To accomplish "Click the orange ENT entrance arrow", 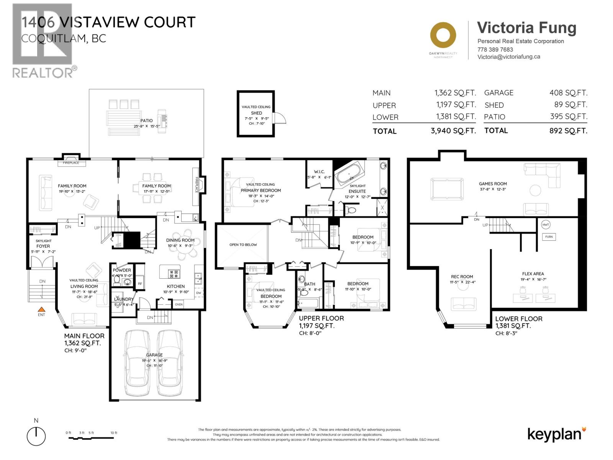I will point(41,309).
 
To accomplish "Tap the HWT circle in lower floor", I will point(546,225).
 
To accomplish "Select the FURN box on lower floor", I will point(549,237).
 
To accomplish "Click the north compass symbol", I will point(36,436).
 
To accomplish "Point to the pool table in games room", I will point(447,189).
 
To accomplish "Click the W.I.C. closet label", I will point(319,171).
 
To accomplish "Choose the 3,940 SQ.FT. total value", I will point(453,131).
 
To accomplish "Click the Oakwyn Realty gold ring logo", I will point(443,35).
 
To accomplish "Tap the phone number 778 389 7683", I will point(495,49).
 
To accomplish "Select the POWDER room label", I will point(122,270).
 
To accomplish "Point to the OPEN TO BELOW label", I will point(243,245).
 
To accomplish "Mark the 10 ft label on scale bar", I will point(114,433).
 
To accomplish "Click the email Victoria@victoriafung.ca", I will point(509,57).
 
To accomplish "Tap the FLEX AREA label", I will point(533,274).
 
